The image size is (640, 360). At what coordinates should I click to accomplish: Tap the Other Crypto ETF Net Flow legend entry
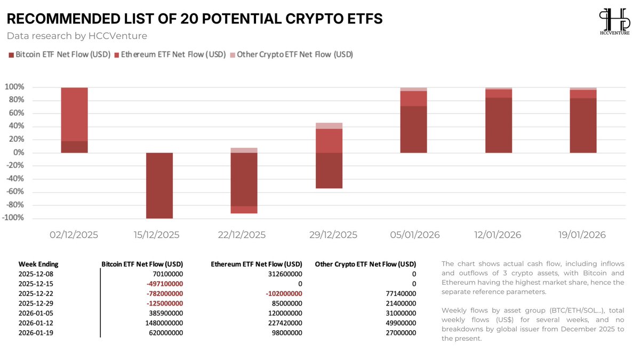[x=291, y=54]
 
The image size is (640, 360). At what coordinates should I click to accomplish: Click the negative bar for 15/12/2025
[x=159, y=185]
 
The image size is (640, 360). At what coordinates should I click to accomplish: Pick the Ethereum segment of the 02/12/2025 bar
[x=75, y=114]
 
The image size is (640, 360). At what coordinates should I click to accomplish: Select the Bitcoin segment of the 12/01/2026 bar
[x=499, y=125]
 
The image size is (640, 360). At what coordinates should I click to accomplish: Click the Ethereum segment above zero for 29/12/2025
[x=329, y=140]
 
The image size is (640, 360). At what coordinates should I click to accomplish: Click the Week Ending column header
[x=38, y=264]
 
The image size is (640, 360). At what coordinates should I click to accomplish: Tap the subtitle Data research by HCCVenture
[x=77, y=36]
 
